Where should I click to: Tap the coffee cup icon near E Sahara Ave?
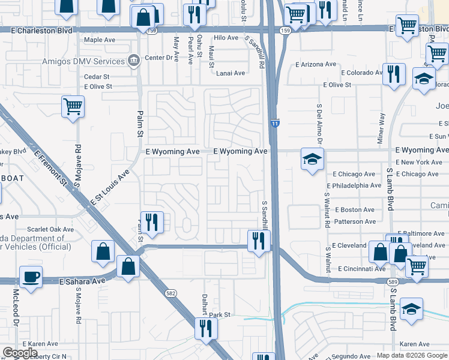(x=31, y=277)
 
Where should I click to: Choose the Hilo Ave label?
(x=226, y=38)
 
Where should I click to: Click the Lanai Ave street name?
(x=231, y=73)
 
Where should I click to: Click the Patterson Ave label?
(x=355, y=221)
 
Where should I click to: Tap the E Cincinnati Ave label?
(x=362, y=269)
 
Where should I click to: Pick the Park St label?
(x=220, y=314)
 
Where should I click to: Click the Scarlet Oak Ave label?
(x=51, y=229)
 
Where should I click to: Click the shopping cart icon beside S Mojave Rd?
(x=73, y=107)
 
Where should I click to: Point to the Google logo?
(x=20, y=353)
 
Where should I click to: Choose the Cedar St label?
(x=97, y=77)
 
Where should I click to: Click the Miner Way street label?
(x=379, y=127)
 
